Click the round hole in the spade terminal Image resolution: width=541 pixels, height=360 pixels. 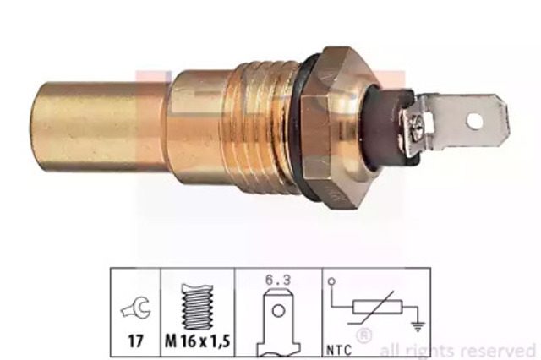[475, 121]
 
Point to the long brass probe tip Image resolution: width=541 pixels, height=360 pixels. [100, 128]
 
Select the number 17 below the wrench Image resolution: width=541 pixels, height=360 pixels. [136, 341]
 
